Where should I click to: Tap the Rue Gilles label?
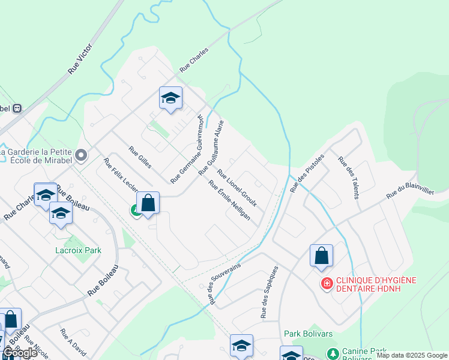tap(140, 157)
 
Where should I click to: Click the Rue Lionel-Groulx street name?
tap(237, 188)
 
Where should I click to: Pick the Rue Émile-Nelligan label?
tap(229, 200)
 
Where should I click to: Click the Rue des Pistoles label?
tap(307, 173)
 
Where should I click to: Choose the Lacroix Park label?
tap(78, 250)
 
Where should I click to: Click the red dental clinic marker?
tap(327, 283)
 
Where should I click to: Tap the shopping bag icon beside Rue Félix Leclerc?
tap(148, 204)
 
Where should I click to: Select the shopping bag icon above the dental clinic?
tap(321, 256)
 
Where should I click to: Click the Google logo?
tap(20, 353)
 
